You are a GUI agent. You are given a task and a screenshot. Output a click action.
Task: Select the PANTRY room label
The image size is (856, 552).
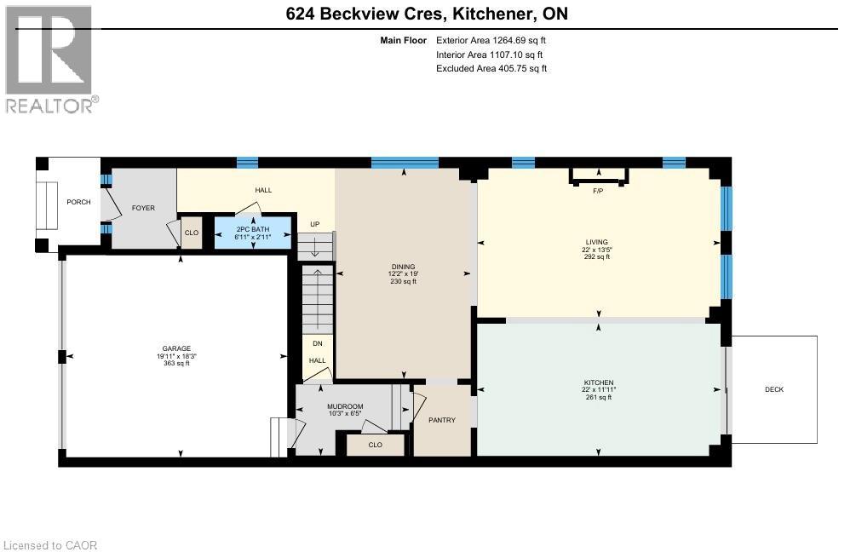coord(442,420)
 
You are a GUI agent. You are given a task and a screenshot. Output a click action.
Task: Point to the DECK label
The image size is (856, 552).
coord(773,389)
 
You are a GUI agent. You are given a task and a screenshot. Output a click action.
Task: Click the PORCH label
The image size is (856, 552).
coord(78,202)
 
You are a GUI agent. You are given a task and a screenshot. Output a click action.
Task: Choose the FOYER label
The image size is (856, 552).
coord(142,207)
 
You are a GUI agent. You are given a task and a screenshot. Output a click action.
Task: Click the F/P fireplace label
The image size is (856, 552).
coord(598,191)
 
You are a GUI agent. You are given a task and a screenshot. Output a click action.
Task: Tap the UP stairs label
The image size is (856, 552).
coord(314,225)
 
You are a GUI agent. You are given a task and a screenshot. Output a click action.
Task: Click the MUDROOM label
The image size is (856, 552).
coord(346,406)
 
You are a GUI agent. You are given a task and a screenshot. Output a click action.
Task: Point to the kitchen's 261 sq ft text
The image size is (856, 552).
coord(598,398)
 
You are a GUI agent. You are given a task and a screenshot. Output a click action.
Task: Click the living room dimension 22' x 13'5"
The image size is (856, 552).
coord(598,249)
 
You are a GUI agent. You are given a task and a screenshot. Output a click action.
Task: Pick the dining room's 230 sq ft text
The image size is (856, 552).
coord(403,281)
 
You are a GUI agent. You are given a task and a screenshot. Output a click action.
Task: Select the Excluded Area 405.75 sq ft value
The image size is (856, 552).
coord(491,69)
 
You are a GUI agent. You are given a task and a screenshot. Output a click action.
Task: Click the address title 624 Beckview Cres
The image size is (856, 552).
coord(424,14)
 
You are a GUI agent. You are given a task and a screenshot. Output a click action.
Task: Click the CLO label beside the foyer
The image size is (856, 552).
coord(192,233)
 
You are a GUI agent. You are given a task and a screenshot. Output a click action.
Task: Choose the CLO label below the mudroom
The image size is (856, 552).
coord(375,445)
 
